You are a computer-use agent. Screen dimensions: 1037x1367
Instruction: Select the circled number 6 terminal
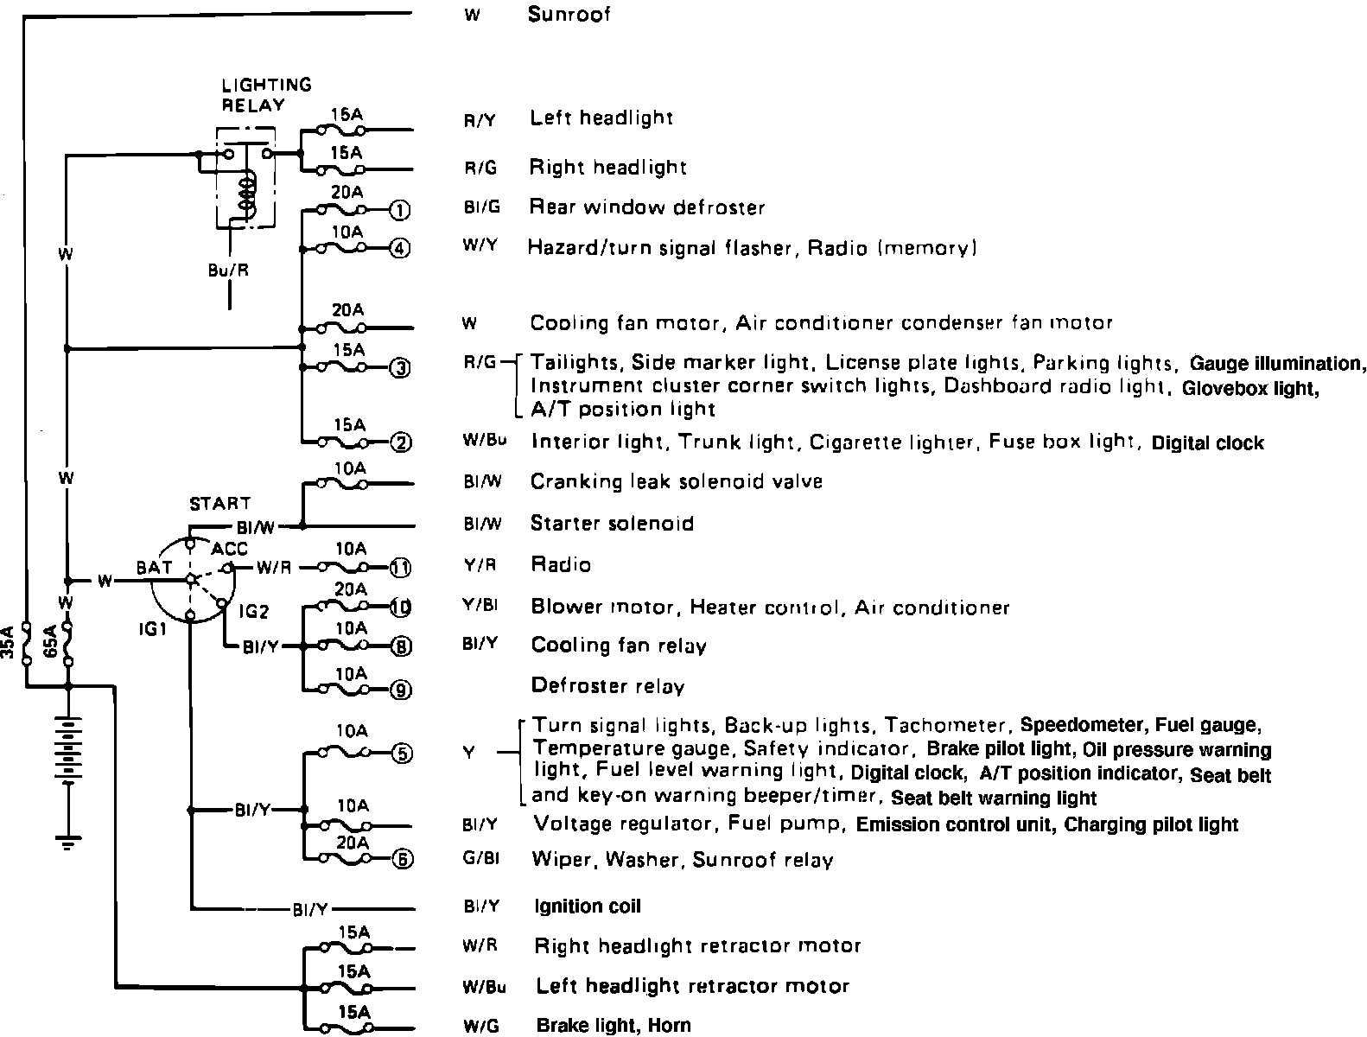pyautogui.click(x=402, y=859)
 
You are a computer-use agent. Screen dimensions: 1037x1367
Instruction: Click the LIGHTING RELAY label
pyautogui.click(x=266, y=95)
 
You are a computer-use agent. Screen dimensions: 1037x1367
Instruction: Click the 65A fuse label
pyautogui.click(x=50, y=642)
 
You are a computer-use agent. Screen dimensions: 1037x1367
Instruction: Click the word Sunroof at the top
pyautogui.click(x=569, y=15)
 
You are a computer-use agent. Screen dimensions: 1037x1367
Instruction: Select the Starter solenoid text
pyautogui.click(x=612, y=524)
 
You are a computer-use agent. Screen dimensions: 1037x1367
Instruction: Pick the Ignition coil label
pyautogui.click(x=588, y=907)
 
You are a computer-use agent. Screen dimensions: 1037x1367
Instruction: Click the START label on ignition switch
pyautogui.click(x=220, y=503)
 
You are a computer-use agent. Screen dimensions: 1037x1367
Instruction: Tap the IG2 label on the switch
pyautogui.click(x=254, y=612)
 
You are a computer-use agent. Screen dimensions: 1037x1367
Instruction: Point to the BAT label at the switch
pyautogui.click(x=154, y=568)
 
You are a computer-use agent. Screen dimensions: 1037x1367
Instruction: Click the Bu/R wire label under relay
pyautogui.click(x=228, y=269)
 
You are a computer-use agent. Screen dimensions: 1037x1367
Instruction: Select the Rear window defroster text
pyautogui.click(x=647, y=207)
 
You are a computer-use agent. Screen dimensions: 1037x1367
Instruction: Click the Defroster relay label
pyautogui.click(x=607, y=687)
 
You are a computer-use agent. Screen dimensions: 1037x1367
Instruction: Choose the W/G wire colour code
pyautogui.click(x=478, y=1027)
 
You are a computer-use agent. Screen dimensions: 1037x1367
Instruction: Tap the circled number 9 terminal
pyautogui.click(x=402, y=690)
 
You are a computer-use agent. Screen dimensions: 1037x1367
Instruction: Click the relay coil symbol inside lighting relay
pyautogui.click(x=249, y=195)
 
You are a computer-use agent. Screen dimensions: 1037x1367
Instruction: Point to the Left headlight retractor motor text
pyautogui.click(x=692, y=986)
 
